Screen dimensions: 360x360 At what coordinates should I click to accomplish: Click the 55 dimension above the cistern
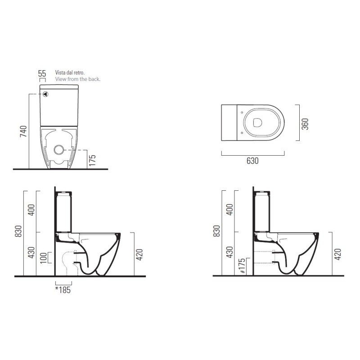point(42,74)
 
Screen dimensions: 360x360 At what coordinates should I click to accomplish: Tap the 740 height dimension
point(23,131)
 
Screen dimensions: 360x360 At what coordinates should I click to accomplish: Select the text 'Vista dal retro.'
point(70,72)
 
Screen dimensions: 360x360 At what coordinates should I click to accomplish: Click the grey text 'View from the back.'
point(77,79)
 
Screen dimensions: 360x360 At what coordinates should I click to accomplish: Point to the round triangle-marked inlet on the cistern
point(46,94)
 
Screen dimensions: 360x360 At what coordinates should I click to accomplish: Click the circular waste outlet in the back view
point(58,150)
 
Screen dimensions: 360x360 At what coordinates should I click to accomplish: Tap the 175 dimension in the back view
point(92,160)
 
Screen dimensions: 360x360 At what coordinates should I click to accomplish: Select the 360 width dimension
point(305,124)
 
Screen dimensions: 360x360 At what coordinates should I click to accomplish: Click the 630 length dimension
point(252,161)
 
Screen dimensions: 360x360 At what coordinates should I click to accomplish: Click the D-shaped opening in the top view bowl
point(257,122)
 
